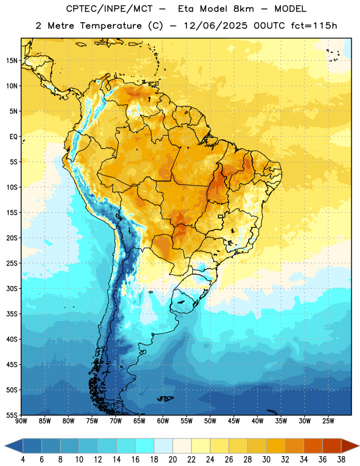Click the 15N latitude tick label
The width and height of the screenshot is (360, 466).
(x=12, y=61)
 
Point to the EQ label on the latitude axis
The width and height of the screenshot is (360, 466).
(x=13, y=137)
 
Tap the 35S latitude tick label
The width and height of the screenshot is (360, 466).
(x=12, y=314)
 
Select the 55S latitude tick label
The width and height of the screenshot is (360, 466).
(x=12, y=415)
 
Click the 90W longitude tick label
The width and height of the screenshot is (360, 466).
(x=21, y=421)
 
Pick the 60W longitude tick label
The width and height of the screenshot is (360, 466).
(x=163, y=421)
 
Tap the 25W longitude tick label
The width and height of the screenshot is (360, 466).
(x=328, y=421)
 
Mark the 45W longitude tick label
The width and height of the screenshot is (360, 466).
(x=234, y=421)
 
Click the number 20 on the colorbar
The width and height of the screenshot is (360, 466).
(x=172, y=460)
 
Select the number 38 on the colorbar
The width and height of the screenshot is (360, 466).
(x=341, y=460)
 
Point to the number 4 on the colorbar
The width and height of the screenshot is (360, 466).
(x=23, y=460)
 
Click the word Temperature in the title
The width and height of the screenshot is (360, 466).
(x=111, y=26)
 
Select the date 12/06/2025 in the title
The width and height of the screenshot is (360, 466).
(x=216, y=26)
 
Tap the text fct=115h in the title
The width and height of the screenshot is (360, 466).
(x=314, y=26)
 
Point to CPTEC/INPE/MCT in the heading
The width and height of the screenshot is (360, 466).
(x=110, y=9)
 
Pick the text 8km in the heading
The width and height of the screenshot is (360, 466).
(x=243, y=9)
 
